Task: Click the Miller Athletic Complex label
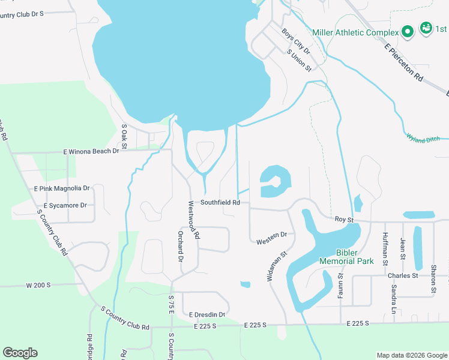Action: click(355, 32)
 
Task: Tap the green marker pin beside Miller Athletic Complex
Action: click(408, 31)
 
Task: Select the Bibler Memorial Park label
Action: click(346, 257)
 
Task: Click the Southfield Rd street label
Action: click(220, 203)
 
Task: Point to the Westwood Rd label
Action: click(193, 220)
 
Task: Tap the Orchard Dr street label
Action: click(179, 246)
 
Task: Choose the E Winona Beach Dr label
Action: click(91, 151)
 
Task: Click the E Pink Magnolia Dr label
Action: click(62, 188)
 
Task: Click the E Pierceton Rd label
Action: click(405, 62)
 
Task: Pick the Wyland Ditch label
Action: click(423, 139)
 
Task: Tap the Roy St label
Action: click(344, 220)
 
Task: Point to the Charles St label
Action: click(402, 275)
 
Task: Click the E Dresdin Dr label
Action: click(207, 314)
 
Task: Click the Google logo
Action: click(20, 353)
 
